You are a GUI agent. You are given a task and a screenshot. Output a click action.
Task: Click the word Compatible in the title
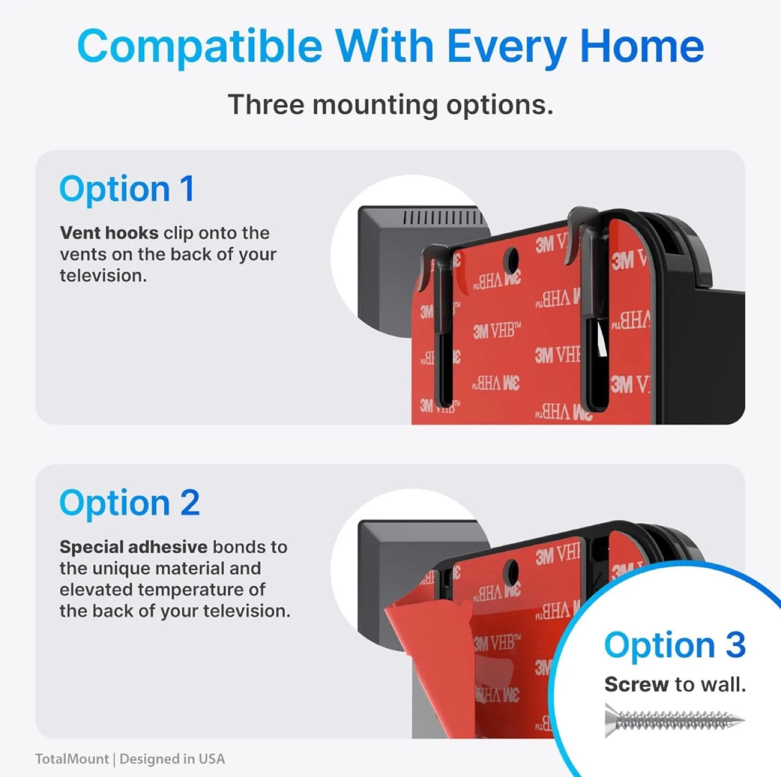pyautogui.click(x=200, y=47)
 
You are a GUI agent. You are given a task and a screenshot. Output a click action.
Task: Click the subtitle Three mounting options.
pyautogui.click(x=390, y=104)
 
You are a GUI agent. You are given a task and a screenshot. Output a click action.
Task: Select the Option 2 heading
pyautogui.click(x=130, y=503)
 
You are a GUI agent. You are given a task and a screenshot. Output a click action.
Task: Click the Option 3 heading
pyautogui.click(x=675, y=645)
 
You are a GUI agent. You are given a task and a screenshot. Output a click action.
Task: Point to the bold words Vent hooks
pyautogui.click(x=109, y=233)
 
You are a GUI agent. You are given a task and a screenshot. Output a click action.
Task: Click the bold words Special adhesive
pyautogui.click(x=133, y=547)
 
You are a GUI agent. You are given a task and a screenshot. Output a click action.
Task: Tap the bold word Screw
pyautogui.click(x=636, y=685)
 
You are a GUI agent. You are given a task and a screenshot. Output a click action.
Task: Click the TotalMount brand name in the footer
pyautogui.click(x=72, y=759)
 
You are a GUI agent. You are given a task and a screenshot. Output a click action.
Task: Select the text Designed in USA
pyautogui.click(x=172, y=759)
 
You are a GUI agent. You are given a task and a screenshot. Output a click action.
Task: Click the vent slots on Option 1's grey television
pyautogui.click(x=443, y=218)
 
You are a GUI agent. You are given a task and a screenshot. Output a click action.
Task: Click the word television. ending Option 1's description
pyautogui.click(x=103, y=275)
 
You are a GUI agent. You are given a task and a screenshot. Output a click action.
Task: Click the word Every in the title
pyautogui.click(x=507, y=47)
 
